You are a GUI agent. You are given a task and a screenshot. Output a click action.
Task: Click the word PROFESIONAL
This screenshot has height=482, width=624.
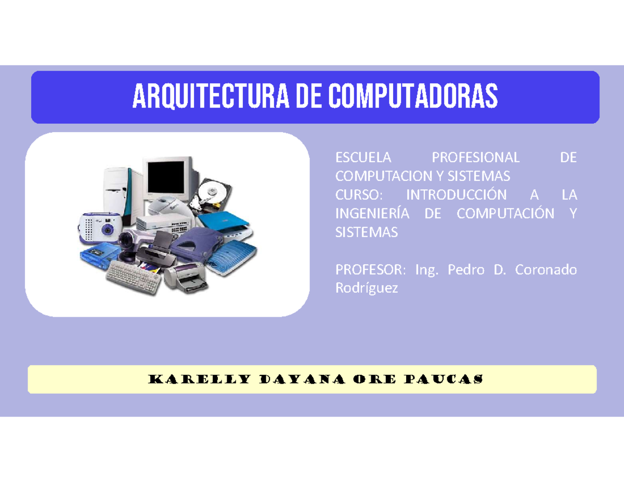(475, 158)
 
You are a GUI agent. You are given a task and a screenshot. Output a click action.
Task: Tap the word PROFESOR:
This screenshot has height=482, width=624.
(369, 270)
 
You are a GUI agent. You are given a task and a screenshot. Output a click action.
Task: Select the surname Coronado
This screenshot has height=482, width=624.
(545, 270)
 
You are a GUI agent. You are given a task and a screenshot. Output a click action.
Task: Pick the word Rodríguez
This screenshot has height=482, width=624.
(366, 289)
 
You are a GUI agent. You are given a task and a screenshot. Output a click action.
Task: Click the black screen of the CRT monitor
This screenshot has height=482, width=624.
(166, 176)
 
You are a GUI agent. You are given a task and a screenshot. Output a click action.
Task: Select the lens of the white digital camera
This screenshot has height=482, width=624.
(107, 229)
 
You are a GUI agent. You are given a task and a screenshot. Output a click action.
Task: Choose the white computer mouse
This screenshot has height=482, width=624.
(165, 206)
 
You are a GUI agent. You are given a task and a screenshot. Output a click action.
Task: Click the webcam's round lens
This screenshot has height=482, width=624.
(126, 240)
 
